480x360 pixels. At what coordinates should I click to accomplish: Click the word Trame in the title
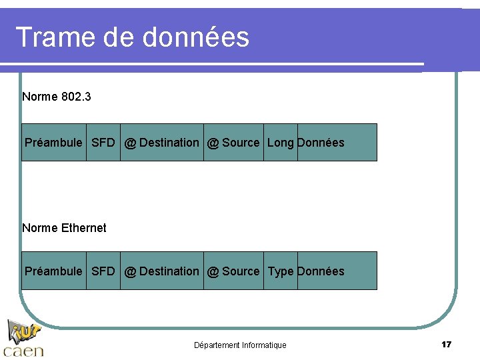tap(55, 37)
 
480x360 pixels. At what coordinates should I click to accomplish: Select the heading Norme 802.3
tap(57, 97)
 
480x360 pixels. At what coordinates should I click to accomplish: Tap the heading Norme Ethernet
tap(64, 228)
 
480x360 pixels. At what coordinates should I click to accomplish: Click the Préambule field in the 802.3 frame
tap(53, 143)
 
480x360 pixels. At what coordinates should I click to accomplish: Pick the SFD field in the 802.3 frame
tap(103, 143)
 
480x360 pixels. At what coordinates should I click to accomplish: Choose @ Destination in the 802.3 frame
tap(162, 143)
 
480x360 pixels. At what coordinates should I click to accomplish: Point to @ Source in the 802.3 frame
tap(233, 143)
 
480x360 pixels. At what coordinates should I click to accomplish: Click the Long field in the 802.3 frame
tap(281, 143)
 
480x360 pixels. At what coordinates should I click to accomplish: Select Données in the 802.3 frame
tap(321, 143)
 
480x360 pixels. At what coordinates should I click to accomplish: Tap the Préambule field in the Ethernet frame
tap(53, 271)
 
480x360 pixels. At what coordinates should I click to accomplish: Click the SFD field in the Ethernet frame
tap(103, 271)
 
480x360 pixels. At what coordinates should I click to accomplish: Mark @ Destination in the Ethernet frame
tap(162, 271)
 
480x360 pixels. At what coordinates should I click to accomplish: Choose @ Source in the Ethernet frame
tap(233, 271)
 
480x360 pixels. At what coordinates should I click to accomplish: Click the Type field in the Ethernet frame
tap(281, 271)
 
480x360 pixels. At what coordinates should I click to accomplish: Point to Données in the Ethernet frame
tap(321, 271)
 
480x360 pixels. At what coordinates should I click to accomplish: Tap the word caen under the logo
tap(23, 351)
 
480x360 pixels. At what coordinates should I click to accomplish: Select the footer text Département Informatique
tap(240, 345)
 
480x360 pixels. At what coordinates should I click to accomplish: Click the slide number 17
tap(447, 345)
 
